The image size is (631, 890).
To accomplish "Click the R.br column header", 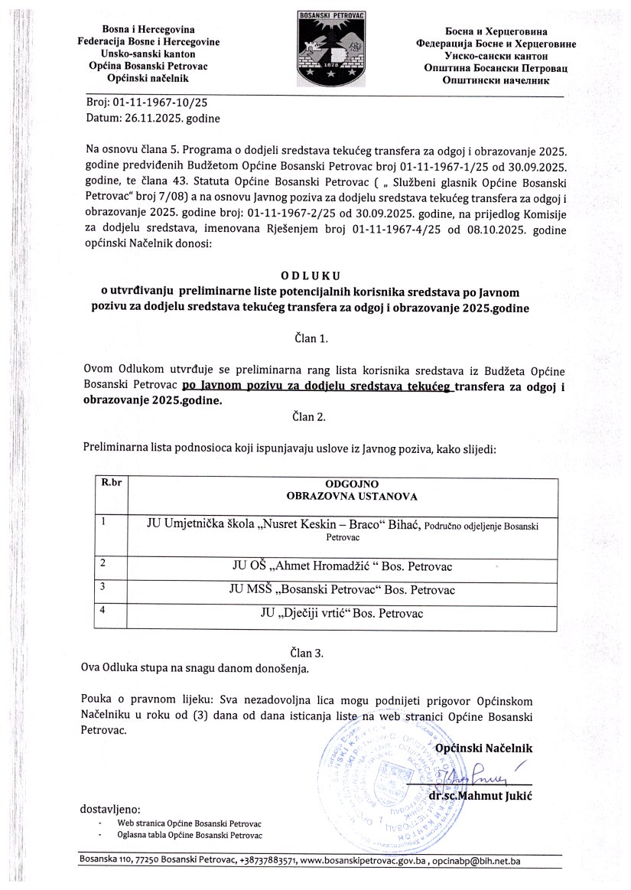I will click(111, 483).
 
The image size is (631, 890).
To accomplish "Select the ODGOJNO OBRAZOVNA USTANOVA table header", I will click(352, 490).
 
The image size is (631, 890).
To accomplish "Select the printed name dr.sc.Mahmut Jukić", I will click(481, 796).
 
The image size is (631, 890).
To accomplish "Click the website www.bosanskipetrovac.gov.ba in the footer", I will click(363, 861).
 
